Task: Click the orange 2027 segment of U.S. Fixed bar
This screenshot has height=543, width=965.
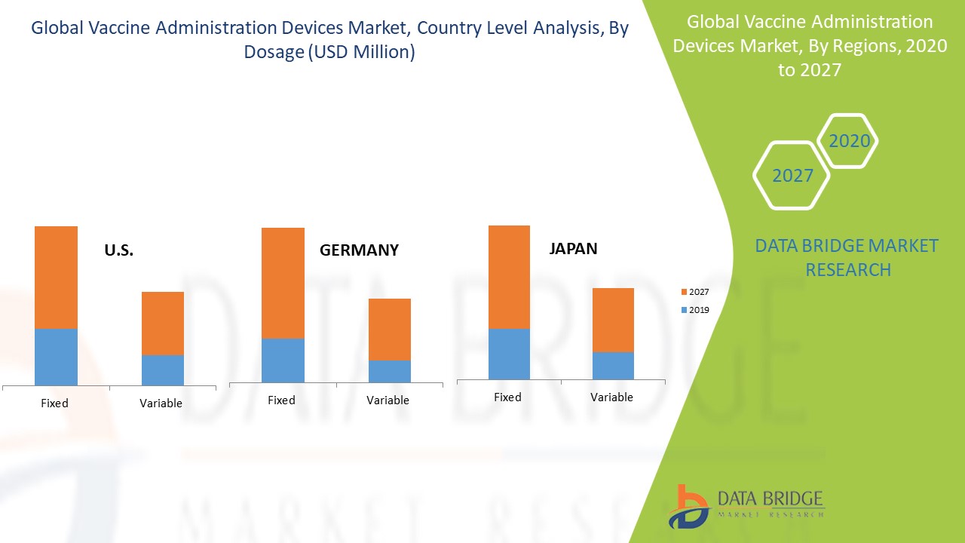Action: [56, 277]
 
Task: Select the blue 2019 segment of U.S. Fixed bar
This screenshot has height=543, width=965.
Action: [56, 357]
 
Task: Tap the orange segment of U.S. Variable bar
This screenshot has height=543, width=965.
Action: [163, 323]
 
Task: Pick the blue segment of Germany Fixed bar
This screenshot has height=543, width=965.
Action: [283, 360]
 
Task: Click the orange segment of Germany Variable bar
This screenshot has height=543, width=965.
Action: [389, 329]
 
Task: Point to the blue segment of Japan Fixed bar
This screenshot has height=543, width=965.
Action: [509, 353]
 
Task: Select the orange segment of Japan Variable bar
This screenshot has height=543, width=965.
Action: [613, 320]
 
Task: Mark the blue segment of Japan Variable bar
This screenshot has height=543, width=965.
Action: [613, 365]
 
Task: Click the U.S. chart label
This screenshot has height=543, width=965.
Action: [119, 251]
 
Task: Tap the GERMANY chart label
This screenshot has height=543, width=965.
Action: [359, 250]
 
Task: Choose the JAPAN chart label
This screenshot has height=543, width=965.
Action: [573, 249]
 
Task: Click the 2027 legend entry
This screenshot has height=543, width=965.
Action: [694, 292]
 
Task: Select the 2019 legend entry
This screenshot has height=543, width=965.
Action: [694, 310]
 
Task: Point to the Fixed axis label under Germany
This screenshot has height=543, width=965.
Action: [281, 400]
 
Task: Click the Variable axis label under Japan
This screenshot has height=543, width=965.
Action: [611, 397]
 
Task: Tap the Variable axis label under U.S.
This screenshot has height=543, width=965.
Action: [161, 403]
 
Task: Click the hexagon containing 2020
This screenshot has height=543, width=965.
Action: [849, 141]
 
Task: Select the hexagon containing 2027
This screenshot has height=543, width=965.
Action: [792, 176]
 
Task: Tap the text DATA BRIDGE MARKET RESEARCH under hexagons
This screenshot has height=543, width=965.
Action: [847, 258]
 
